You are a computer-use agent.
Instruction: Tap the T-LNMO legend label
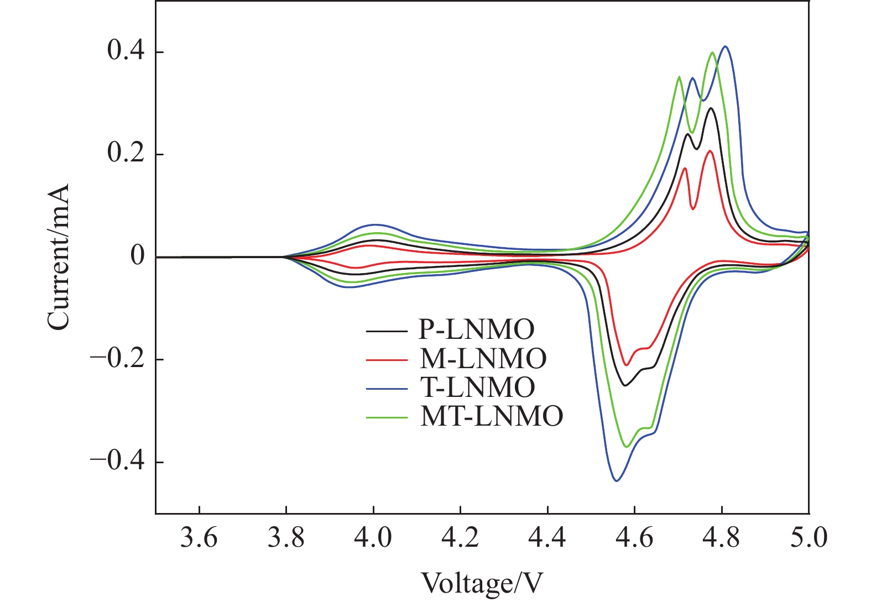477,388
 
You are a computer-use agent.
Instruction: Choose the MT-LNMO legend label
492,416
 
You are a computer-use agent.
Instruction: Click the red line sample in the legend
387,359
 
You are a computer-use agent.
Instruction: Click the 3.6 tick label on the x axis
199,538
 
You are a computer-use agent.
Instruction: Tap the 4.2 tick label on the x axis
461,538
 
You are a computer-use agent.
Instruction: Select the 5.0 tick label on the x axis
809,538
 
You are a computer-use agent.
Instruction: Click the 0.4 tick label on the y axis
126,53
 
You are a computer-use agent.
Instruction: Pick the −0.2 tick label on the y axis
117,359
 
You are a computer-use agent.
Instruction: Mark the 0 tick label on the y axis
137,257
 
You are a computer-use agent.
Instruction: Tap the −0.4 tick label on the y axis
117,462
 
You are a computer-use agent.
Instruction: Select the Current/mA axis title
59,257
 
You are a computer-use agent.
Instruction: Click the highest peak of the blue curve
725,46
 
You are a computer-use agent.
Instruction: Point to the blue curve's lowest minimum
616,481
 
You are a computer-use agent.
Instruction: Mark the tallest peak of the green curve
712,53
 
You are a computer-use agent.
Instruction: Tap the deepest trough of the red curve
626,365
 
